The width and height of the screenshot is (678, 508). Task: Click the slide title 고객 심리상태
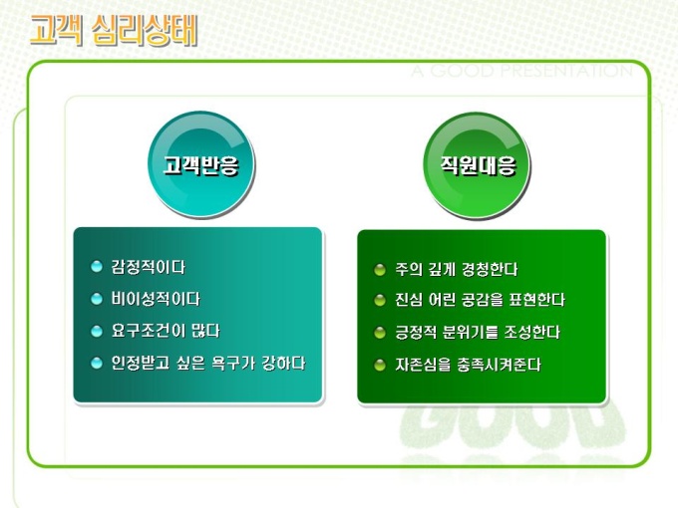click(114, 30)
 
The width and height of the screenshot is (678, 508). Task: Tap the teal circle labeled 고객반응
click(201, 164)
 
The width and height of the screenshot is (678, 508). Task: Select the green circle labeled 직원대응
click(477, 165)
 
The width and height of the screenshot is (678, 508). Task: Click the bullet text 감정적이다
click(148, 267)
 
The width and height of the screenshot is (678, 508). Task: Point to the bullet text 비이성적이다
click(156, 299)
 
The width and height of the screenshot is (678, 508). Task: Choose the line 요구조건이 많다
click(166, 331)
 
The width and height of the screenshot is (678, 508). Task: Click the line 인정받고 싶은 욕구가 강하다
click(208, 363)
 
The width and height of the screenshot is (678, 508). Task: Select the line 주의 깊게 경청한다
click(457, 270)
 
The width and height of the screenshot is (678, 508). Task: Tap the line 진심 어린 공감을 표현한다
click(480, 300)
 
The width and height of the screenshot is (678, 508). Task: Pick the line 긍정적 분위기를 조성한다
click(478, 333)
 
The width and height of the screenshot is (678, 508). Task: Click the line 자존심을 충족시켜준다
click(468, 365)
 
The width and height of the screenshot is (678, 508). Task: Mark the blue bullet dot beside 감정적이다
click(97, 267)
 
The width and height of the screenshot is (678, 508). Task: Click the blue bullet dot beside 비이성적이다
click(97, 299)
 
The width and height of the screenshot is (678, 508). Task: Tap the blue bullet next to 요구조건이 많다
click(97, 332)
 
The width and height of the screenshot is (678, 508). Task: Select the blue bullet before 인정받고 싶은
click(97, 363)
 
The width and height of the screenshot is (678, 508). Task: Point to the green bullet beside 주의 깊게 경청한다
click(380, 270)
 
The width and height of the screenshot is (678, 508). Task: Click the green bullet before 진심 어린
click(380, 300)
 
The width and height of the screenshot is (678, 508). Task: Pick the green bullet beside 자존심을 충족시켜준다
click(380, 366)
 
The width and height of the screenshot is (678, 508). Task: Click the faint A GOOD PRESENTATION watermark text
click(521, 72)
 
